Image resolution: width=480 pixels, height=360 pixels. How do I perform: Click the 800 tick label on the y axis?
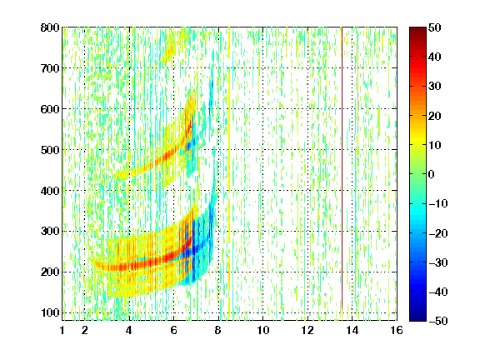tap(50, 27)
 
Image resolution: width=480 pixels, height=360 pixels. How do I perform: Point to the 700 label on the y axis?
tap(50, 68)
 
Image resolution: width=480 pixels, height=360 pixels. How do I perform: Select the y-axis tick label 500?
tap(50, 150)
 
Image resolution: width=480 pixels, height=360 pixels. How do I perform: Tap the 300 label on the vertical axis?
tap(50, 231)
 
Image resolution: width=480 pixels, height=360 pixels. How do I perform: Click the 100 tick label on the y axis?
tap(50, 312)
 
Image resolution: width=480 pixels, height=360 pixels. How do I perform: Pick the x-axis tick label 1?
tap(62, 330)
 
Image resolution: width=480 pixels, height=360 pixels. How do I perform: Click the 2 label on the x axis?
tap(85, 330)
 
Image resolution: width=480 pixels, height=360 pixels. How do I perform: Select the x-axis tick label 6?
tap(173, 330)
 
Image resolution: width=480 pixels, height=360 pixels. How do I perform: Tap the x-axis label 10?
tap(263, 330)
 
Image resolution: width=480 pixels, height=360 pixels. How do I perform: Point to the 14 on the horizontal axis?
tap(352, 330)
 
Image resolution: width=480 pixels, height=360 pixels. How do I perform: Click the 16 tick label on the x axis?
tap(397, 330)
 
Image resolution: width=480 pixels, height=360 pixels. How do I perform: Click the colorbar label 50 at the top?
tap(434, 27)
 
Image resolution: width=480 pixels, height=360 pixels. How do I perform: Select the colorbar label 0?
tap(432, 174)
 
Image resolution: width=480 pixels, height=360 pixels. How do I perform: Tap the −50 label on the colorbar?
tap(437, 321)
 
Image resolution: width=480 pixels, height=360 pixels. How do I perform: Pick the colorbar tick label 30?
tap(434, 87)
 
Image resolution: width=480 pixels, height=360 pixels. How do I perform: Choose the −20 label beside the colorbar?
tap(437, 233)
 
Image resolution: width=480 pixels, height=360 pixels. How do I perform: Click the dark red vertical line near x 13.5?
tap(342, 168)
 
